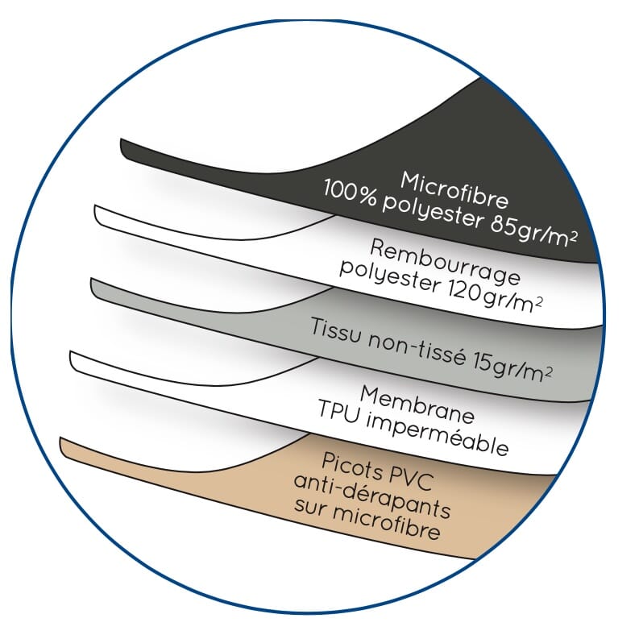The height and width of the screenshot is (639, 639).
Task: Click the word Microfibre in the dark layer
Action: pos(454,190)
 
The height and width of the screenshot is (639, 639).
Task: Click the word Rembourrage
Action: pos(445,261)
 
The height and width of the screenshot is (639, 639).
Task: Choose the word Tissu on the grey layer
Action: pos(335,330)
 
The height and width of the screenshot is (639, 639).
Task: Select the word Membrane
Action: pos(417,405)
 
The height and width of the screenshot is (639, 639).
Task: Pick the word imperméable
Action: pos(437,436)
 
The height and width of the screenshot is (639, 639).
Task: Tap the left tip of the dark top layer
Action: pos(121,139)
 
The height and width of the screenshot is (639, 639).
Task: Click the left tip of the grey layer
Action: pos(91,279)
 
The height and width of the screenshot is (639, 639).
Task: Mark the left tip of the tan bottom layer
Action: pos(60,438)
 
